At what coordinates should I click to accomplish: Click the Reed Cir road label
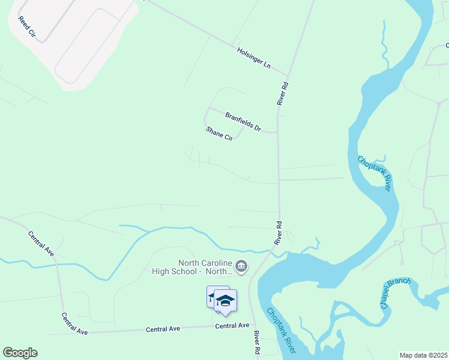tap(28, 28)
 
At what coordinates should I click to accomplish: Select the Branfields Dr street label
tap(243, 122)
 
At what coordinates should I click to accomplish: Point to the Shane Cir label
tap(219, 133)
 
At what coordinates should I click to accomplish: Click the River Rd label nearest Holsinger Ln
tap(283, 94)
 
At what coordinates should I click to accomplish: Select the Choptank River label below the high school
tap(281, 330)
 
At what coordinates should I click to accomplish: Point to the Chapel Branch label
tap(394, 293)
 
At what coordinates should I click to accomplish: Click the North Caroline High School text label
tap(205, 267)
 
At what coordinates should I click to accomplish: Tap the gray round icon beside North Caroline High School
tap(241, 266)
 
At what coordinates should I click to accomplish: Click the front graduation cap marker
tap(225, 301)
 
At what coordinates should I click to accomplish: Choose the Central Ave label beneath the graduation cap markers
tap(232, 326)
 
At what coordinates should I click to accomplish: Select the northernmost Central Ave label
tap(41, 244)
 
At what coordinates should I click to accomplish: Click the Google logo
tap(20, 353)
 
